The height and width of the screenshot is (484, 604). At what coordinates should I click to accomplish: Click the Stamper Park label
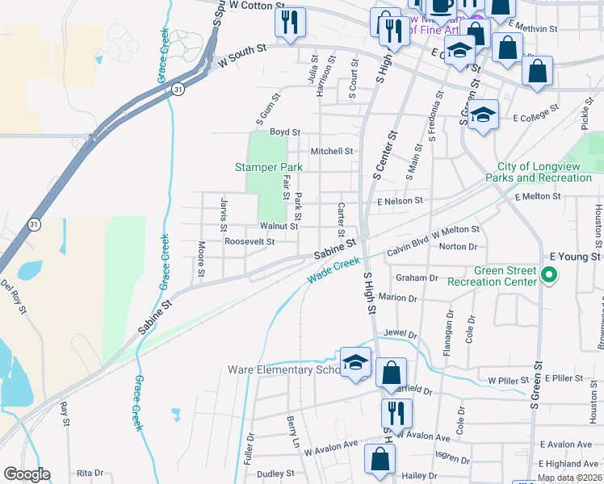click(x=268, y=167)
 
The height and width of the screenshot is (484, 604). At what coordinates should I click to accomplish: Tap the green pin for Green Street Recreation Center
click(x=549, y=277)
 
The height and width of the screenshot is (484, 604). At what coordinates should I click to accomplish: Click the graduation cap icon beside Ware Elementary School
click(x=355, y=364)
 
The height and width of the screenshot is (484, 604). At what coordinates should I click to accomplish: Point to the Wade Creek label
click(x=333, y=271)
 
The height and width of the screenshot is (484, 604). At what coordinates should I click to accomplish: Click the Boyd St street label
click(x=285, y=131)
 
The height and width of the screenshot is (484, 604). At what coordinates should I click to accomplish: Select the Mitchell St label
click(x=332, y=151)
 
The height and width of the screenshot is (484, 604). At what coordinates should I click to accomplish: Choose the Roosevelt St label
click(x=250, y=241)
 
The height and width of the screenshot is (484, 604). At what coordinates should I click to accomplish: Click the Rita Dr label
click(x=90, y=474)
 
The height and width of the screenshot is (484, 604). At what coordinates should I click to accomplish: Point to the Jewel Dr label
click(x=401, y=333)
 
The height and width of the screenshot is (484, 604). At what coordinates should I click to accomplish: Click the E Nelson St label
click(x=400, y=200)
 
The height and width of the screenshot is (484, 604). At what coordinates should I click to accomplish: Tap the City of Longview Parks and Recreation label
click(x=539, y=171)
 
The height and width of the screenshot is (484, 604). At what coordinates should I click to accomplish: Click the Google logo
click(x=27, y=474)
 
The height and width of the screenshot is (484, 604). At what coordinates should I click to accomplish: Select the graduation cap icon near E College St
click(x=484, y=115)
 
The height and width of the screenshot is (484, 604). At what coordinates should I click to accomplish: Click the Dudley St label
click(x=275, y=474)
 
